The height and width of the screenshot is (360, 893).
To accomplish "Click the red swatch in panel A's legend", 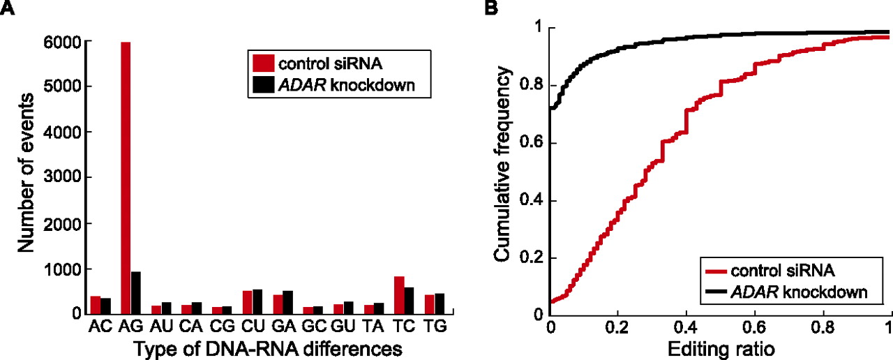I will (262, 63).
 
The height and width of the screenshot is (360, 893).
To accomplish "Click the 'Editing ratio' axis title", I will (720, 347).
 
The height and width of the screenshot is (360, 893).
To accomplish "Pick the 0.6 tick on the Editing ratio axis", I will (755, 327).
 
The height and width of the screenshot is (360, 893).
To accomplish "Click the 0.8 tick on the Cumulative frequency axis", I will (535, 86).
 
